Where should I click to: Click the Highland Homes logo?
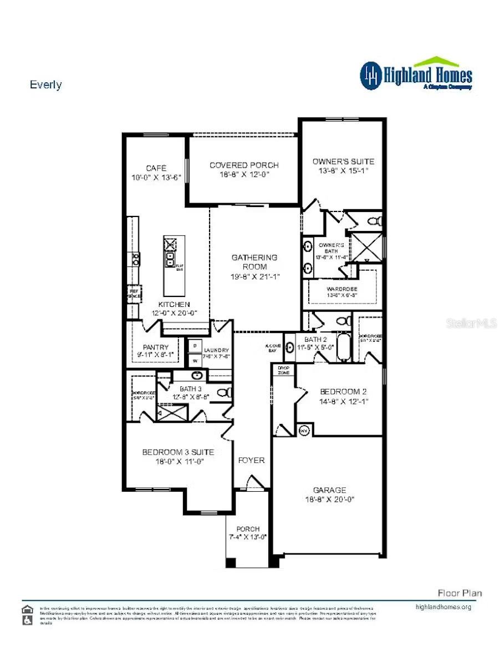pos(416,74)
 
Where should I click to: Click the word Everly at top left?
pos(45,85)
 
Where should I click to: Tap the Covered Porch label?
pos(244,165)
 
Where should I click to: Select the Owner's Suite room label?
pos(343,161)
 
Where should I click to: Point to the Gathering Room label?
pos(254,262)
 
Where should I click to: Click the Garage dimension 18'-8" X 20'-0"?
pos(329,499)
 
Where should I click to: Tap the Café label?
pos(156,168)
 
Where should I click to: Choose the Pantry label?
pos(156,347)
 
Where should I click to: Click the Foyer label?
pos(251,460)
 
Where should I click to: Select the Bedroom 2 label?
pos(343,391)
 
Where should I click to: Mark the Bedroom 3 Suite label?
pos(178,452)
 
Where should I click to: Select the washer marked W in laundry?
pos(195,360)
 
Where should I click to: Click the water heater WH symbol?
pos(304,430)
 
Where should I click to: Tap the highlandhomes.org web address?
pos(443,607)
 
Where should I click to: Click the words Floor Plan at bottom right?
pos(460,593)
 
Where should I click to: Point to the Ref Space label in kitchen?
pos(134,293)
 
